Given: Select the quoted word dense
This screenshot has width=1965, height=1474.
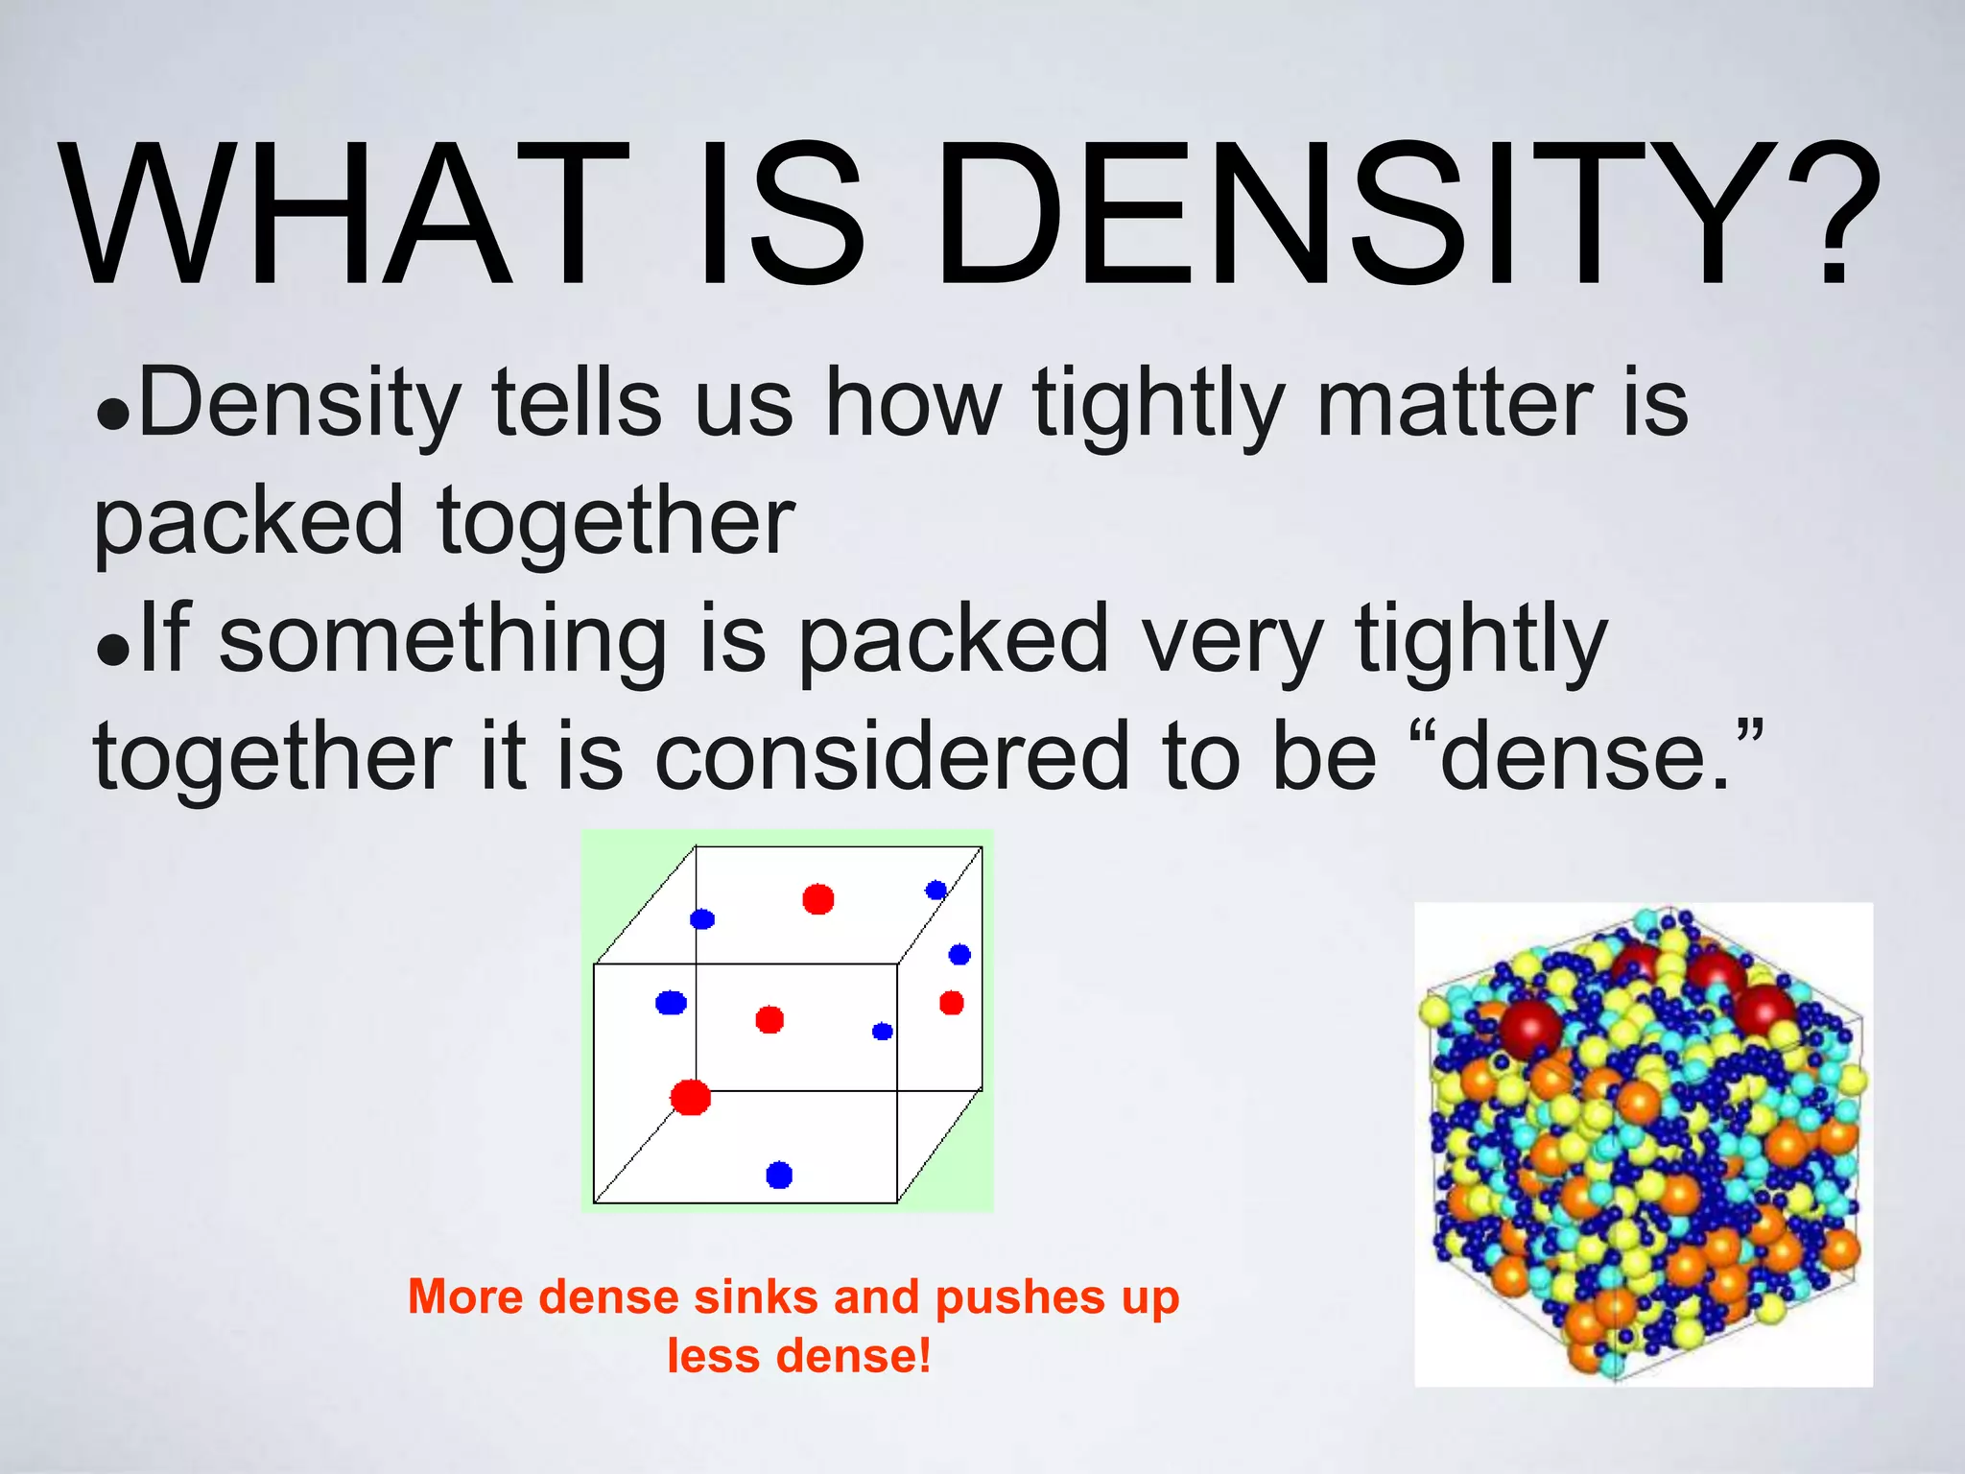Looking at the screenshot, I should click(x=1583, y=758).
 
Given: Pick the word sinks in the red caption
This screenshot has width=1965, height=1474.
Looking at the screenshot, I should click(x=757, y=1297).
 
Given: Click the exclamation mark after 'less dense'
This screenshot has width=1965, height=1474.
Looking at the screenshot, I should click(x=923, y=1356).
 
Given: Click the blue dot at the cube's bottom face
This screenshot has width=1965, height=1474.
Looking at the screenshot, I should click(x=779, y=1175).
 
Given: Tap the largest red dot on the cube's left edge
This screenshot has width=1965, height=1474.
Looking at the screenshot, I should click(x=690, y=1097).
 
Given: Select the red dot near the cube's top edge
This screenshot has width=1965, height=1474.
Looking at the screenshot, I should click(x=817, y=899).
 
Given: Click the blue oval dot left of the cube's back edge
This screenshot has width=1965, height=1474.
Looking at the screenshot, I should click(x=671, y=1003).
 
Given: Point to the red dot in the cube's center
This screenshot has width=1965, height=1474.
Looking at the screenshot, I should click(x=769, y=1019).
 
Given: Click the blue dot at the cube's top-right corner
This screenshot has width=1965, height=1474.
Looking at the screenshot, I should click(x=935, y=890).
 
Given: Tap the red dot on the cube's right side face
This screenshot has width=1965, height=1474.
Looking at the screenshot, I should click(x=951, y=1003).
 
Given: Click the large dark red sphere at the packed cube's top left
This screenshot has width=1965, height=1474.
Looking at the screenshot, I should click(x=1530, y=1030).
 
